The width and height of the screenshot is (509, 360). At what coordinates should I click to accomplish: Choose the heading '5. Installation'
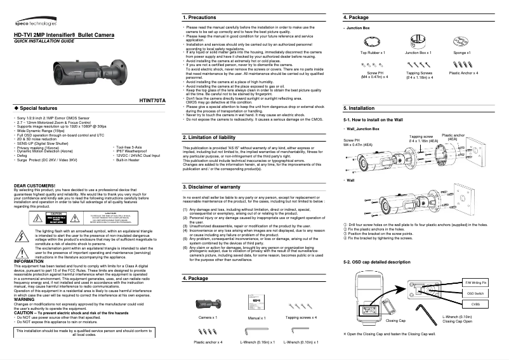tap(362, 108)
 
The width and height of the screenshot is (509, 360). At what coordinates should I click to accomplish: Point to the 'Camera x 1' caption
tap(208, 317)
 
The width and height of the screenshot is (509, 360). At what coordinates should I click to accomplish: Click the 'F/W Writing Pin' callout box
tap(476, 281)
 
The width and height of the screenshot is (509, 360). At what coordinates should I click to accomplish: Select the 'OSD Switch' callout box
tap(476, 293)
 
